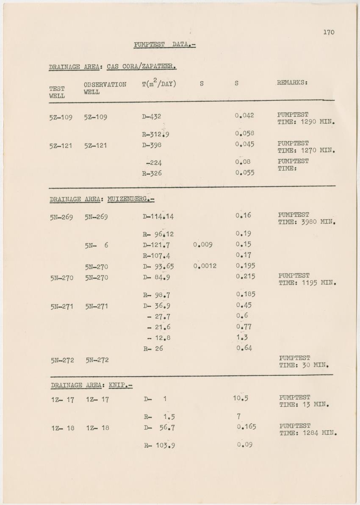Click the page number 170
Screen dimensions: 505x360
click(x=328, y=32)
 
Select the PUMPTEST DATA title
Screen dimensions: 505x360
click(x=164, y=44)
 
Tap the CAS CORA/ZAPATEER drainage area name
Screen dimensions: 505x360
click(x=141, y=67)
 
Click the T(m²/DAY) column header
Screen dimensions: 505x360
click(x=159, y=83)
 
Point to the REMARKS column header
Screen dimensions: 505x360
click(x=292, y=83)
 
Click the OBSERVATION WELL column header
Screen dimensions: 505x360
click(x=105, y=88)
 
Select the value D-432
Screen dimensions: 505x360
click(x=152, y=117)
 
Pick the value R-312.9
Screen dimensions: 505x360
click(x=156, y=135)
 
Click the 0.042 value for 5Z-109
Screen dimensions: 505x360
click(x=245, y=115)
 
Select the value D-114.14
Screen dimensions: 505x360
click(x=158, y=217)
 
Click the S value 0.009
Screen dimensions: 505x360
click(x=202, y=244)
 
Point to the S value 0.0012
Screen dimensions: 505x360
click(x=205, y=266)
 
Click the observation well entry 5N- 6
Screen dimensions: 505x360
click(x=96, y=245)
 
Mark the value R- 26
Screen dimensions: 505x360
click(x=153, y=349)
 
